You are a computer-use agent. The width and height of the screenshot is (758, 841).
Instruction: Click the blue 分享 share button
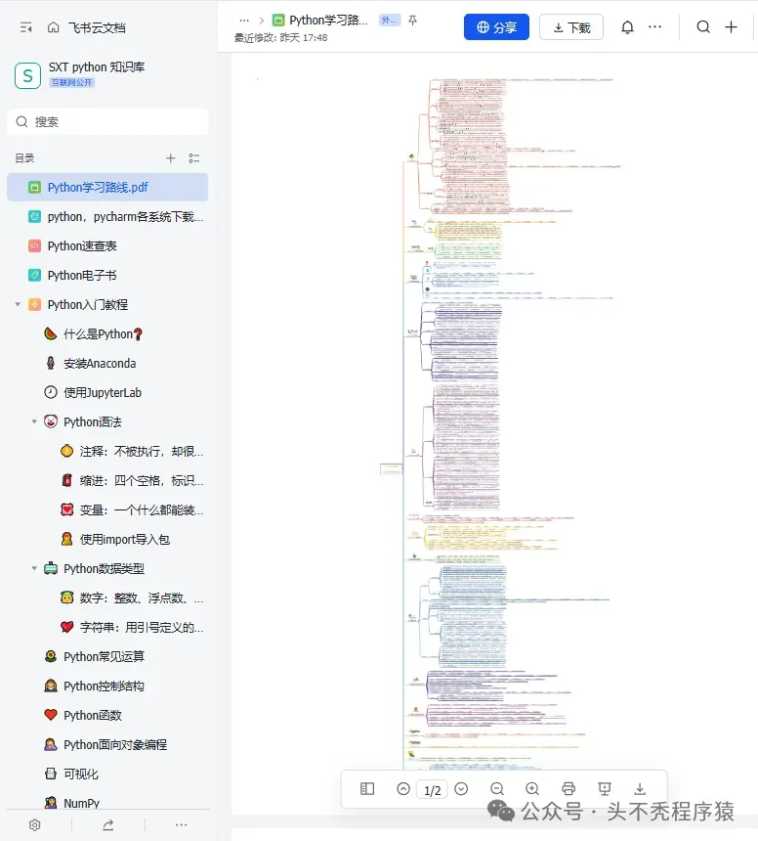click(496, 27)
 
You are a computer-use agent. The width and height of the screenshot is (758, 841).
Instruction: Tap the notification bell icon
click(627, 27)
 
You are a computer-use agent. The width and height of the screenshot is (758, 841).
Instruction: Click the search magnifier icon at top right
click(703, 27)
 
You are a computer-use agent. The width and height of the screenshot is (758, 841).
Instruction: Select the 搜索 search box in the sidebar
click(107, 122)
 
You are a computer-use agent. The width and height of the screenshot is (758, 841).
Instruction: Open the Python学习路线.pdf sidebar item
click(98, 188)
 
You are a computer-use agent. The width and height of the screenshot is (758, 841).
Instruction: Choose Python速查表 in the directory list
click(82, 246)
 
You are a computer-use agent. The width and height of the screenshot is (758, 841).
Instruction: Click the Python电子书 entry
click(82, 276)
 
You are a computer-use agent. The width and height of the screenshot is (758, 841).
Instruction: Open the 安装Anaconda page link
click(100, 364)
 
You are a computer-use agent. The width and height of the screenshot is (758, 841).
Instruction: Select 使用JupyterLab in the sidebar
click(103, 393)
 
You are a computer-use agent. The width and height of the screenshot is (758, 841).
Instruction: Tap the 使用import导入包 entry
click(125, 540)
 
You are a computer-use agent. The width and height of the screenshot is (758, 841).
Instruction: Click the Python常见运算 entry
click(104, 657)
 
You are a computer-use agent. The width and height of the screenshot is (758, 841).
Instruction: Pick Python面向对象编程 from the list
click(115, 745)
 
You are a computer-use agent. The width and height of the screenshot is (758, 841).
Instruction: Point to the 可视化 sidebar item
click(81, 775)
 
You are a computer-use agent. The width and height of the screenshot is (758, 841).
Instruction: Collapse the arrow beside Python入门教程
click(18, 305)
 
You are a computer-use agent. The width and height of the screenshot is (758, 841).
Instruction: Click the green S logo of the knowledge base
click(26, 75)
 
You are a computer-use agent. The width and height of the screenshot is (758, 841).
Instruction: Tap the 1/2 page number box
click(432, 790)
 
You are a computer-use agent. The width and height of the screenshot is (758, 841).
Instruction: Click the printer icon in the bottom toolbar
click(568, 789)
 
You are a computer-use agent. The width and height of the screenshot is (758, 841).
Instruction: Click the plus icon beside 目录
click(171, 158)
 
